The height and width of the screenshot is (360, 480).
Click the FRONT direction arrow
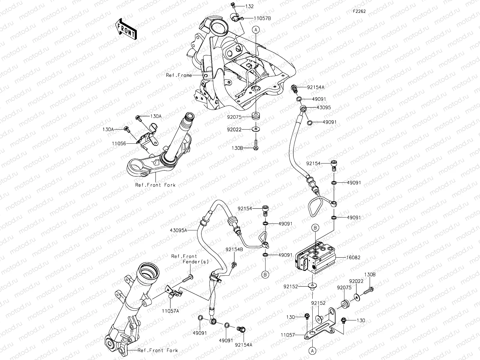[125, 29]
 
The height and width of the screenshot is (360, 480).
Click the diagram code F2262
[359, 11]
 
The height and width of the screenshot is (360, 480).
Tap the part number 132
[249, 6]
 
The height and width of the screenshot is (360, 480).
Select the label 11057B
[262, 18]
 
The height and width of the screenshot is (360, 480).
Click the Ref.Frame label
[179, 75]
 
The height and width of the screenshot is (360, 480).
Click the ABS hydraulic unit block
[315, 258]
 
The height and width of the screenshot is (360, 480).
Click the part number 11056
[119, 144]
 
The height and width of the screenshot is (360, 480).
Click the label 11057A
[170, 311]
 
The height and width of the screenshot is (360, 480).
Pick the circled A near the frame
[256, 29]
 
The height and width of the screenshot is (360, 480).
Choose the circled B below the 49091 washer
[266, 274]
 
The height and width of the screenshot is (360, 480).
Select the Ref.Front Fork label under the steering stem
[155, 185]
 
